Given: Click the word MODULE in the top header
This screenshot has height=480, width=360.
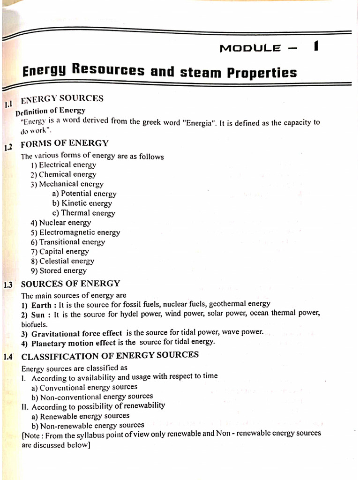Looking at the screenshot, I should pos(250,48).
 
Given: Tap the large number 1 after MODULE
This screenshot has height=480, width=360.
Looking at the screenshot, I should pos(317,47).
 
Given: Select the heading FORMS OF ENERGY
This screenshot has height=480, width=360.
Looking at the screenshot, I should pos(65,143).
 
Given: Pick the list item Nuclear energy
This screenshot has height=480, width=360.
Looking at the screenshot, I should pos(61,223).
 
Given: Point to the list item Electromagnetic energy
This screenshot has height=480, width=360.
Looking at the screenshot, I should pos(75,232).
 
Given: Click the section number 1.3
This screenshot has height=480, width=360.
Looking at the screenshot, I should pos(9,285).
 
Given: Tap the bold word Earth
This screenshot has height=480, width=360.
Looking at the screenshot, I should pos(41,305).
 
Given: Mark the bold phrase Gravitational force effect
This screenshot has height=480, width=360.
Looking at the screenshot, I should pos(76,333).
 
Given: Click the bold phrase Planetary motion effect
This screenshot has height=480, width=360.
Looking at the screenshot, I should pos(73,343).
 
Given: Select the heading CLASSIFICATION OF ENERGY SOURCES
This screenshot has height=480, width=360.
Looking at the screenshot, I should pos(110,356).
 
